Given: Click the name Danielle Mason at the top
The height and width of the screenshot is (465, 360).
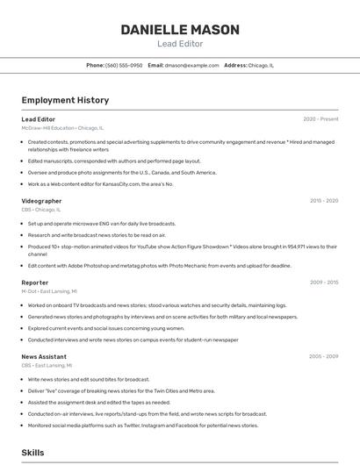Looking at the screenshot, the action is (x=180, y=30).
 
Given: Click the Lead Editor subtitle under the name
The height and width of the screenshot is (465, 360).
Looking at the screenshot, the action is (x=180, y=44).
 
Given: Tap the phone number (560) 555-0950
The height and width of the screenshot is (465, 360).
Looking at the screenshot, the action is (x=124, y=66).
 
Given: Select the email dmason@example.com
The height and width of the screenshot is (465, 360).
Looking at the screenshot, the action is (x=191, y=66).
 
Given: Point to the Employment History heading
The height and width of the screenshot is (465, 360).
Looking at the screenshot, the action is (x=65, y=100).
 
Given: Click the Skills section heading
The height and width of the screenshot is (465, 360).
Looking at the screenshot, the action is (x=33, y=453).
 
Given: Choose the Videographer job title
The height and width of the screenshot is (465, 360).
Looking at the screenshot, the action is (x=41, y=201).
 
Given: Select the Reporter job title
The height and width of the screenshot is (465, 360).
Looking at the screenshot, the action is (x=35, y=283).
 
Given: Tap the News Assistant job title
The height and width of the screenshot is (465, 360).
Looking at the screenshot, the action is (x=44, y=357).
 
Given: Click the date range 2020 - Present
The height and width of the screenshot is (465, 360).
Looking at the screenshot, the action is (x=320, y=119).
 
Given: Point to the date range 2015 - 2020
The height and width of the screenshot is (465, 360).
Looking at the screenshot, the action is (x=323, y=201).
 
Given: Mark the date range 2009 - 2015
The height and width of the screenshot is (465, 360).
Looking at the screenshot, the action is (x=323, y=283).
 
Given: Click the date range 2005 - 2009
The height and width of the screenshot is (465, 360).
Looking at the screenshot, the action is (x=323, y=357).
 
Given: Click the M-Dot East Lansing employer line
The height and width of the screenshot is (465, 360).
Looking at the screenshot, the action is (x=49, y=291).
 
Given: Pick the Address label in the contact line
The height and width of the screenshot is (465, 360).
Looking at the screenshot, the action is (x=235, y=66).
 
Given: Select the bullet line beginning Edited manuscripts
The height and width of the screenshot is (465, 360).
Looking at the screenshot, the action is (x=114, y=161).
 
